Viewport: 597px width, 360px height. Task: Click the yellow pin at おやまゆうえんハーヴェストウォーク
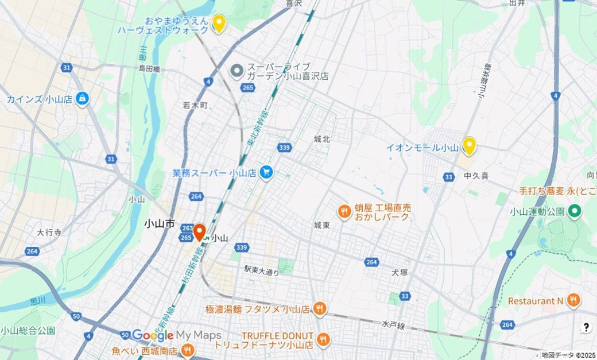click(218, 24)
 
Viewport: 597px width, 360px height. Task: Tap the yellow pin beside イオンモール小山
click(469, 146)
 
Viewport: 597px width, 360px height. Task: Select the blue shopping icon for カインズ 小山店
click(83, 99)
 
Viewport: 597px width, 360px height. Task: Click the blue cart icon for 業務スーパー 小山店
click(265, 172)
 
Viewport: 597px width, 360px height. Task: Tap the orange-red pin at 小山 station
click(200, 232)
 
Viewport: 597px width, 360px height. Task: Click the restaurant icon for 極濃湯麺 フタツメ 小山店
click(320, 309)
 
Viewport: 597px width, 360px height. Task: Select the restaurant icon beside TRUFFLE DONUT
click(323, 340)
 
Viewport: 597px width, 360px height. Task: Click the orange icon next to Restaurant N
click(572, 300)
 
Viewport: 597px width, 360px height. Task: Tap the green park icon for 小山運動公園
click(575, 212)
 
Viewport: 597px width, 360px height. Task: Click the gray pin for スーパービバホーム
click(237, 71)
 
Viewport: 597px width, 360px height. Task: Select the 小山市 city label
click(159, 224)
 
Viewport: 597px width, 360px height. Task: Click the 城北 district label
click(322, 139)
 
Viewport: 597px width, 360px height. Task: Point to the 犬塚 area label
click(400, 272)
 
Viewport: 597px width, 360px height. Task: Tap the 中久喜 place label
click(476, 176)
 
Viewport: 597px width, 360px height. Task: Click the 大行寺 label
click(49, 233)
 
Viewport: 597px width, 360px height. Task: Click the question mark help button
click(586, 327)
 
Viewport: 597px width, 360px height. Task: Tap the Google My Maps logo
click(176, 335)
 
